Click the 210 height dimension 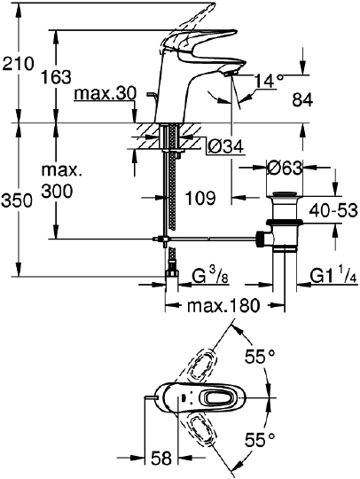tap(17, 64)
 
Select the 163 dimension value tap(56, 76)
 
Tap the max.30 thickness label tap(105, 93)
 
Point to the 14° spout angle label tap(269, 82)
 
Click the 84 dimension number tap(302, 99)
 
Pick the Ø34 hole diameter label tap(226, 146)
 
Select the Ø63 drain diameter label tap(285, 168)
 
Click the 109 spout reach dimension tap(200, 198)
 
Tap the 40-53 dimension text tap(333, 210)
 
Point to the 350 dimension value tap(17, 200)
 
